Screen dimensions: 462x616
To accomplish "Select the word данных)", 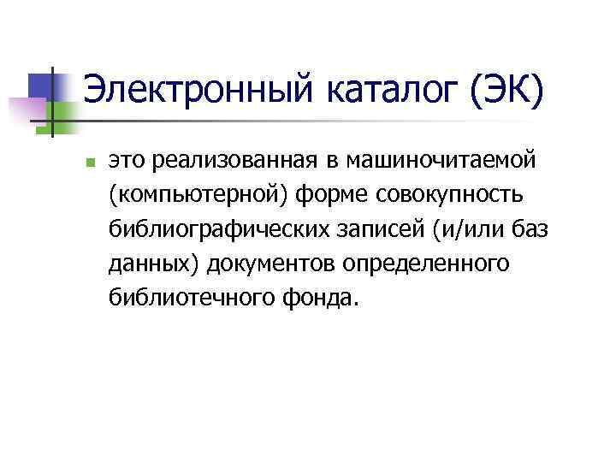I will click(x=154, y=264).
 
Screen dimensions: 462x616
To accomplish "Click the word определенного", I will click(x=427, y=264).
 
